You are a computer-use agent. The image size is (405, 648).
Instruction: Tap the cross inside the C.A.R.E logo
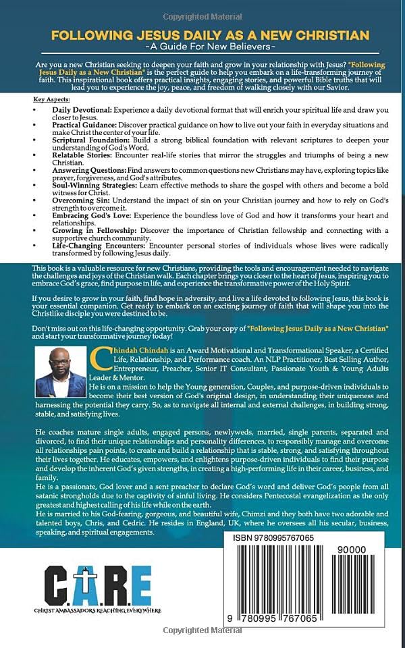83,581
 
